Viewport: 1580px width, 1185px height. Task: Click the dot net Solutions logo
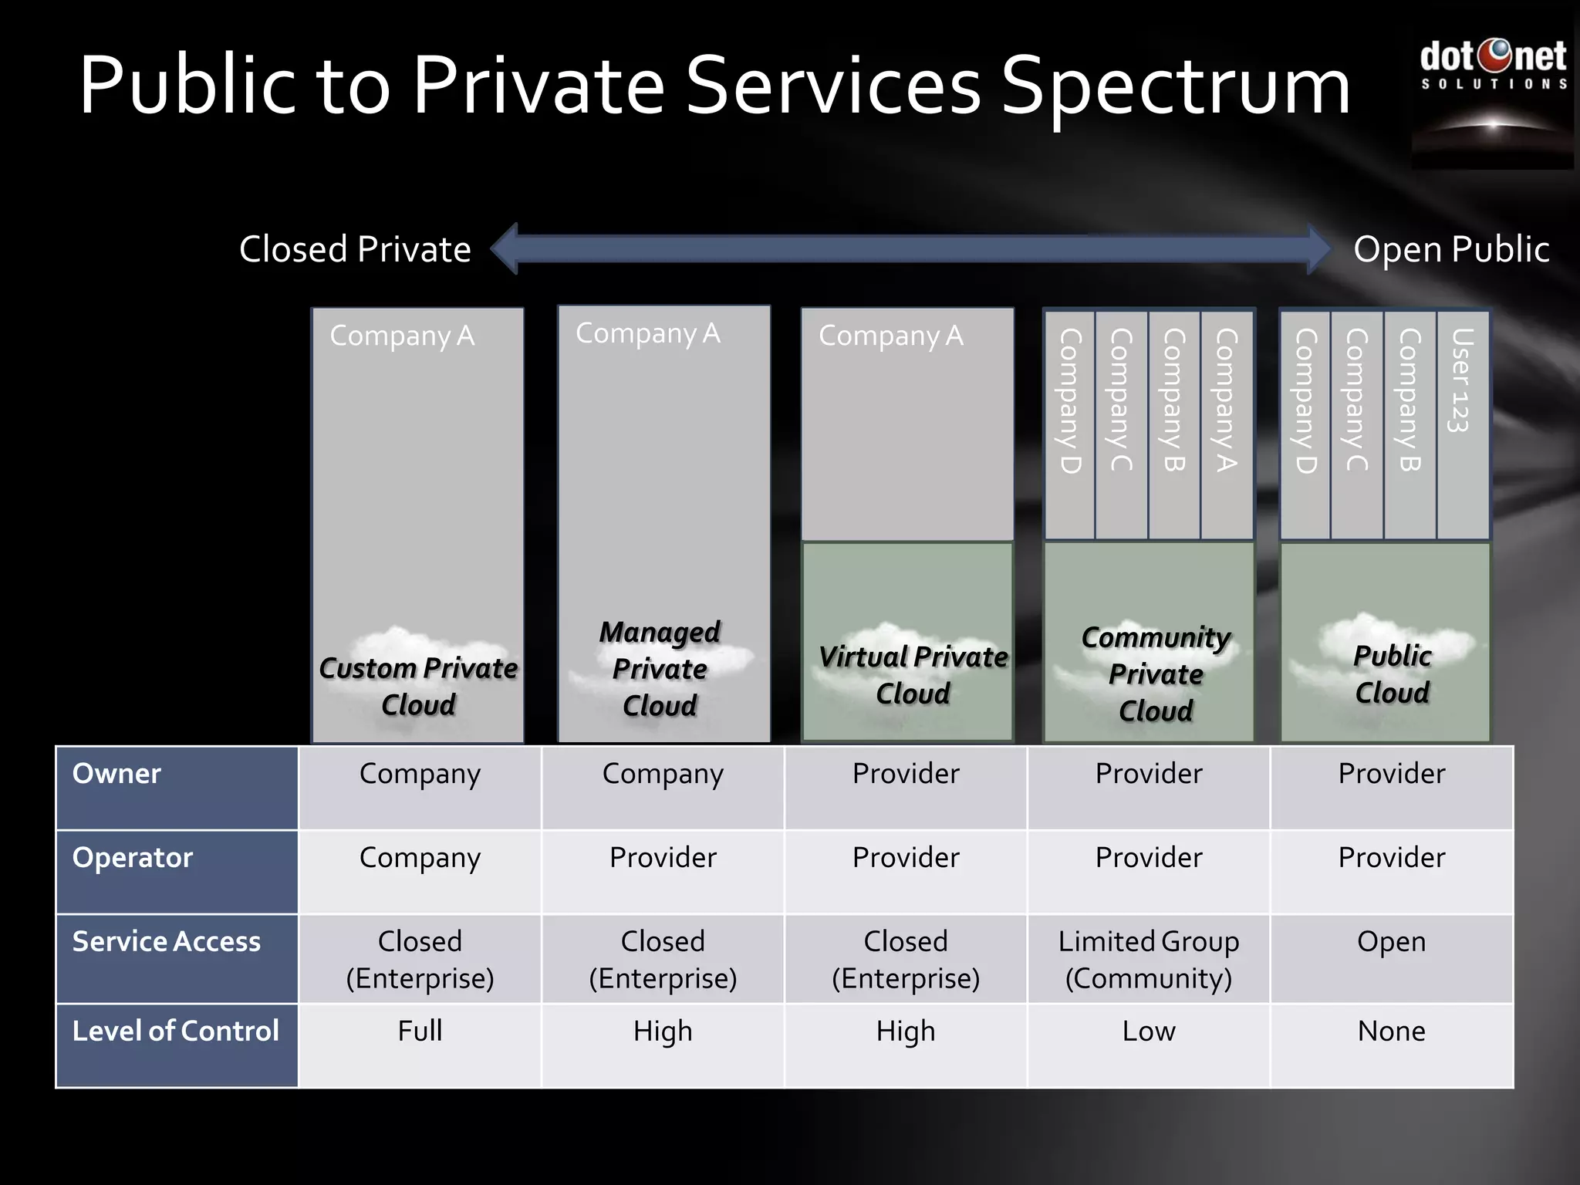(x=1493, y=66)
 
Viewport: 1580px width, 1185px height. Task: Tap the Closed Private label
(x=355, y=249)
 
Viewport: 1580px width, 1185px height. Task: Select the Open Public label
(x=1451, y=249)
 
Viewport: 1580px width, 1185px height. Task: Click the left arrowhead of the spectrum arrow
(x=505, y=248)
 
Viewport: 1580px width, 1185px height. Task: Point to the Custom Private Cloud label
(x=418, y=686)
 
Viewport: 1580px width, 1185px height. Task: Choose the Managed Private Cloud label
(x=660, y=668)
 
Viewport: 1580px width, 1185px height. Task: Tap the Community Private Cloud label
(x=1156, y=674)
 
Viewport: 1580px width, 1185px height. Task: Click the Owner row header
(x=116, y=774)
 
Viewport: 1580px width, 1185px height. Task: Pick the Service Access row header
(x=167, y=942)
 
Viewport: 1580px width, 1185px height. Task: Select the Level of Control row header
(x=176, y=1031)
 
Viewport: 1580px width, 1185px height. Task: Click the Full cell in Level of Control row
(x=420, y=1031)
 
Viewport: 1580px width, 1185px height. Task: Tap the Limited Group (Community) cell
(x=1149, y=960)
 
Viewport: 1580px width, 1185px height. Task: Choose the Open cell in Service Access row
(x=1391, y=942)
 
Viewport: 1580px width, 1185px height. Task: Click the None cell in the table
(x=1391, y=1031)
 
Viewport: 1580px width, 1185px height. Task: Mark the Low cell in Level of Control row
(x=1149, y=1031)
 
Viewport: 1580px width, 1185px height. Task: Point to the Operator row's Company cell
(x=420, y=858)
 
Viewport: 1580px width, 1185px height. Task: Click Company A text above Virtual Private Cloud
(x=891, y=336)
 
